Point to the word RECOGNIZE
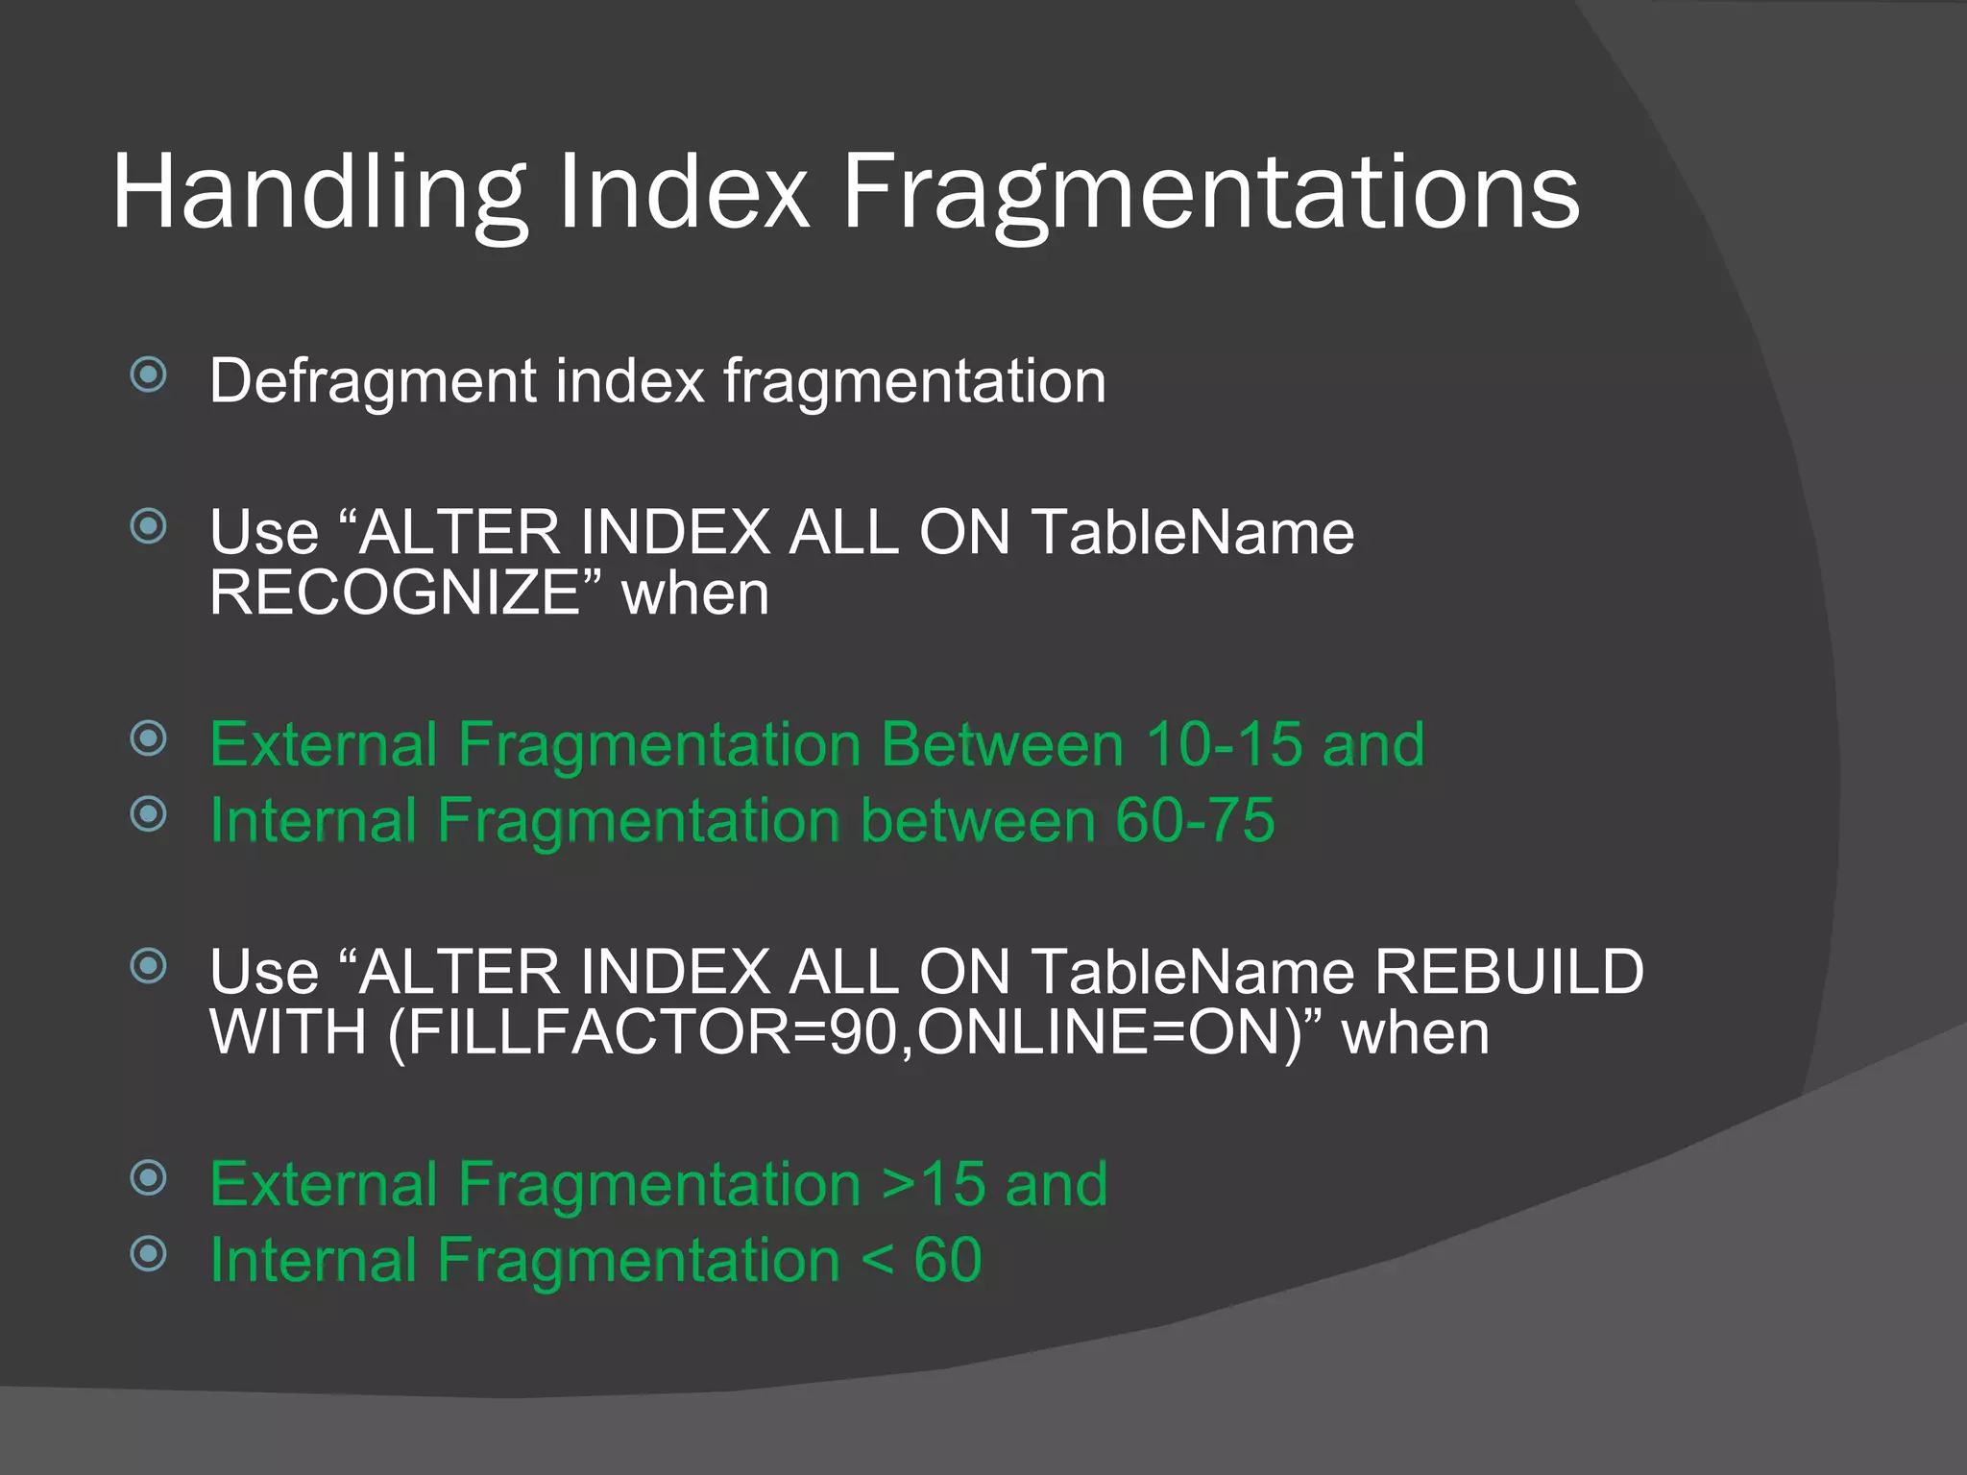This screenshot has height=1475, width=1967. click(x=395, y=592)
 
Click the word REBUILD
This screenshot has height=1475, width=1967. click(x=1509, y=971)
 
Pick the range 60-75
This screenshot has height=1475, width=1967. click(x=1195, y=820)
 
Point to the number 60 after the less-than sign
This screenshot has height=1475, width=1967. click(x=948, y=1259)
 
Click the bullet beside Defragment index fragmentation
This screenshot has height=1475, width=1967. click(x=149, y=375)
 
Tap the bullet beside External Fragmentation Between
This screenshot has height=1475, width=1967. click(x=149, y=738)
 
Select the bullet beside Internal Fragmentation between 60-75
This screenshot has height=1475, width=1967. click(x=149, y=814)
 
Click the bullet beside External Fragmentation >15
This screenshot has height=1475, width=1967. click(x=149, y=1177)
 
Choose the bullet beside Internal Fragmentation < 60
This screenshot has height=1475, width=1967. click(x=149, y=1253)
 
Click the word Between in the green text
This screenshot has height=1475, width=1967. click(x=1002, y=744)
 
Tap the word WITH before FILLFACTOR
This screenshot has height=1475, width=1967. click(x=288, y=1032)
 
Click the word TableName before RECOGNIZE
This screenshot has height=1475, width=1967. click(x=1192, y=532)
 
